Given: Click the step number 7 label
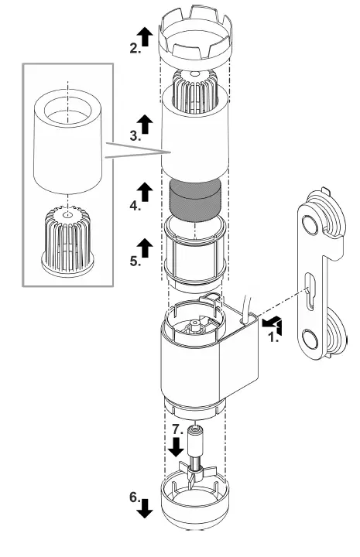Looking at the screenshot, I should tap(177, 428).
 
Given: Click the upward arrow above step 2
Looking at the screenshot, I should tap(143, 32).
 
